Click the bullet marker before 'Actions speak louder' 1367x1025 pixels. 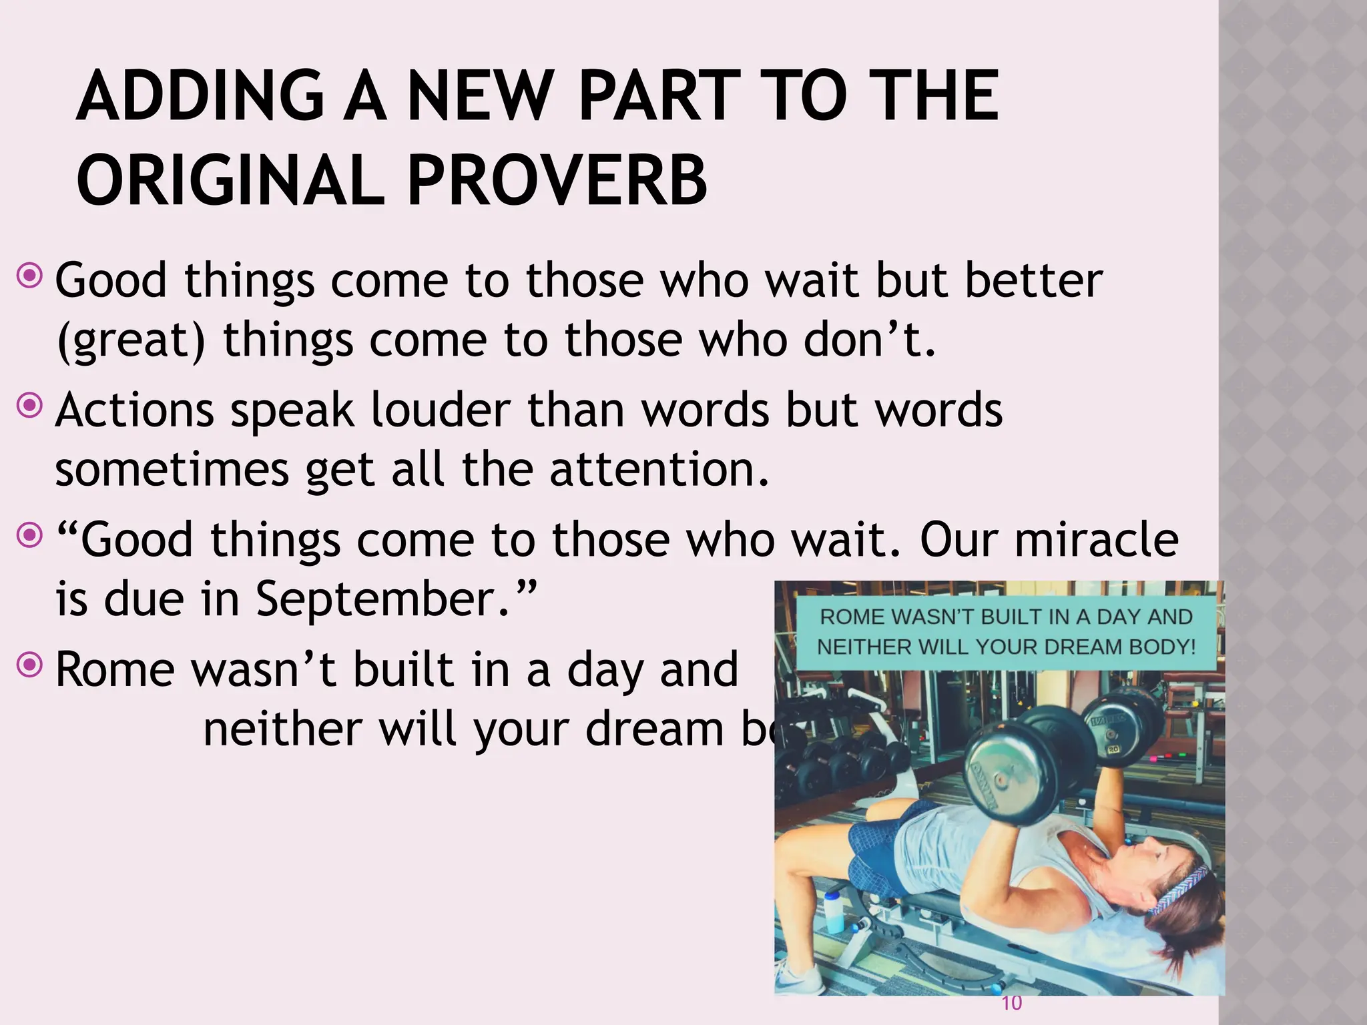point(30,405)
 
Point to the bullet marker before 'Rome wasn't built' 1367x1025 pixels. point(30,665)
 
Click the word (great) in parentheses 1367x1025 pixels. point(131,340)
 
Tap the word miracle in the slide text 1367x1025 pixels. point(1097,539)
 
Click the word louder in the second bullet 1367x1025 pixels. point(441,410)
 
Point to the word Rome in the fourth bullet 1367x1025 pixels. point(113,669)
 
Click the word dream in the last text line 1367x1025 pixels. point(654,729)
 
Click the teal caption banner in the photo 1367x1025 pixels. point(1007,633)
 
